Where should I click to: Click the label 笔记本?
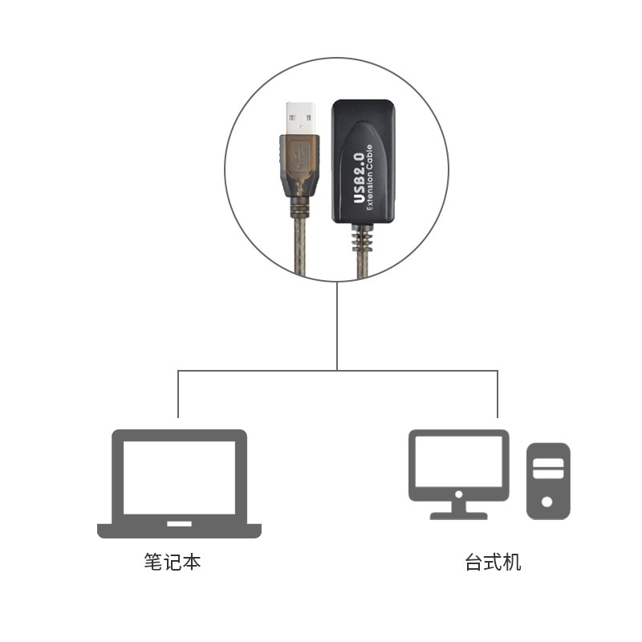click(x=172, y=562)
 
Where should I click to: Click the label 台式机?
click(x=493, y=562)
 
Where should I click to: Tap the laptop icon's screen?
click(x=179, y=477)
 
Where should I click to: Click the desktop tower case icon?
click(x=547, y=480)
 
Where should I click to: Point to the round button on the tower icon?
click(x=547, y=502)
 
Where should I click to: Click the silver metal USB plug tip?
click(x=299, y=116)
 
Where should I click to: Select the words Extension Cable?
click(x=371, y=176)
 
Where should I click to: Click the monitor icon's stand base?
click(x=458, y=514)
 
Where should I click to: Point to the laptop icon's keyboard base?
click(x=179, y=530)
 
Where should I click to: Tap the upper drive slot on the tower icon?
click(x=547, y=463)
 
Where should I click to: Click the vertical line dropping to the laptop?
click(x=177, y=393)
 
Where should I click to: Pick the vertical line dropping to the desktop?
click(x=498, y=393)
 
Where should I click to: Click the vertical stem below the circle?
click(x=337, y=325)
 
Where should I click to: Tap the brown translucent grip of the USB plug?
click(x=299, y=160)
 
